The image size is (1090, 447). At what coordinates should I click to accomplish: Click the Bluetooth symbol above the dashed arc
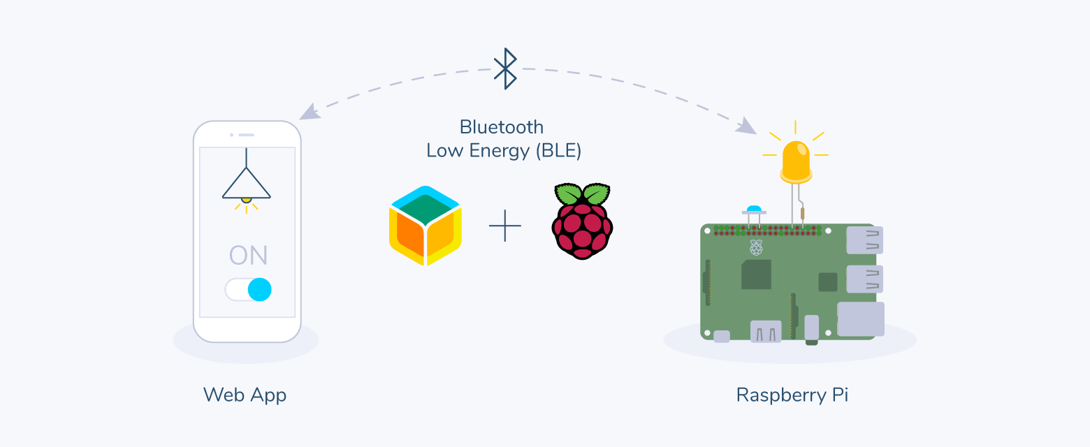coord(505,68)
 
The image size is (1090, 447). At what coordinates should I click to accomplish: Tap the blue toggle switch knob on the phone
coord(259,289)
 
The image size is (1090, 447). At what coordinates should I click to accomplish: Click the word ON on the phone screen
coord(248,255)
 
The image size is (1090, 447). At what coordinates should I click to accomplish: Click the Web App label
coord(245,395)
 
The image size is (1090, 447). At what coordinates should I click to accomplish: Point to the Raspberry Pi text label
coord(792,395)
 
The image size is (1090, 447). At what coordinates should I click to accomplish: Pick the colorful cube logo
coord(426,226)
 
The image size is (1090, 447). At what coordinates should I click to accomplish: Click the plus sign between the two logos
coord(505,226)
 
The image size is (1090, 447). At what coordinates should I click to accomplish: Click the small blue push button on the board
coord(753,209)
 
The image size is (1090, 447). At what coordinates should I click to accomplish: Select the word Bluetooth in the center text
coord(501,127)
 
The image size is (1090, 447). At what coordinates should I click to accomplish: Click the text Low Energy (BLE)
coord(504,150)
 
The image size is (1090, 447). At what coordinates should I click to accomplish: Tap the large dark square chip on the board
coord(757,274)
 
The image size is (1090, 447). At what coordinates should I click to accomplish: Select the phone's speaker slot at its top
coord(246,135)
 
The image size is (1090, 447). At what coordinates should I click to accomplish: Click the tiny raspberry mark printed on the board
coord(755,246)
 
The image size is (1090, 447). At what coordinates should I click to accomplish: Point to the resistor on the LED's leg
coord(802,213)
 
